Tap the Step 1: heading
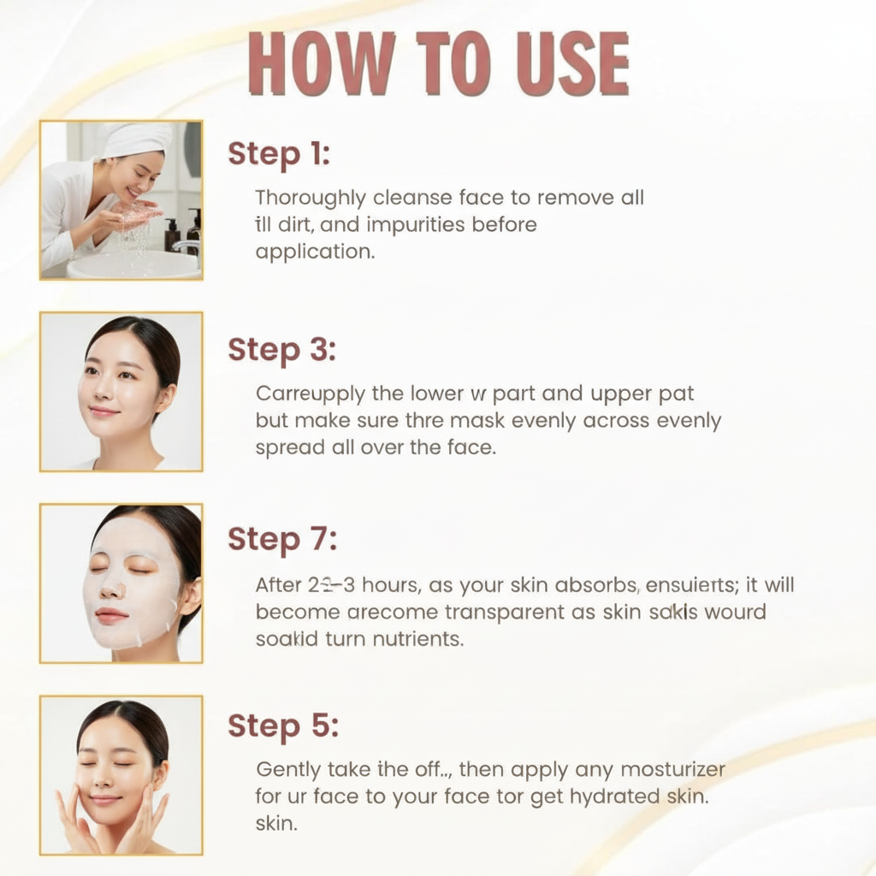(279, 155)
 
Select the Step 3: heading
(282, 349)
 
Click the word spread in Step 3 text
(288, 447)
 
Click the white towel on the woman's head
(137, 139)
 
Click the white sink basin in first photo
(128, 264)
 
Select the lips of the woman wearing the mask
(111, 615)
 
